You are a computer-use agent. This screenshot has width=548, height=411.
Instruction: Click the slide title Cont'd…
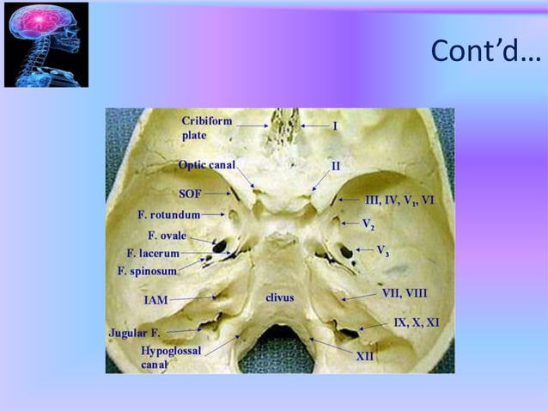(x=485, y=52)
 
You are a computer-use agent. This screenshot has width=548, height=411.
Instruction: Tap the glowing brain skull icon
(x=46, y=45)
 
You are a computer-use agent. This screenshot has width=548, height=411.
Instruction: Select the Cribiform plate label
(x=206, y=128)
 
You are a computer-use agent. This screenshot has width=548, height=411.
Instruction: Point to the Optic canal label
(x=206, y=164)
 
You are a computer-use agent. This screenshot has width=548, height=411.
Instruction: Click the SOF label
(x=190, y=193)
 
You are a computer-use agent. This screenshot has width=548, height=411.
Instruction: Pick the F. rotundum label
(x=168, y=213)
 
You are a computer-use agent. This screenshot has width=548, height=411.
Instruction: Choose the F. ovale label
(x=167, y=235)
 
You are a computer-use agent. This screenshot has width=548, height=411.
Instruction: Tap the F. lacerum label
(x=153, y=254)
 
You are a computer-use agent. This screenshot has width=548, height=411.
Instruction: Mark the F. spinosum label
(x=147, y=271)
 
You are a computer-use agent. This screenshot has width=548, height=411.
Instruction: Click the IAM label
(x=155, y=300)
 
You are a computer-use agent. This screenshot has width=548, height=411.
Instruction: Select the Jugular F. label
(x=134, y=331)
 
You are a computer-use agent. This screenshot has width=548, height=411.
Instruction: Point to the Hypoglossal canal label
(x=172, y=357)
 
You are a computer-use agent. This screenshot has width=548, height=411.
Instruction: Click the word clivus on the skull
(x=279, y=298)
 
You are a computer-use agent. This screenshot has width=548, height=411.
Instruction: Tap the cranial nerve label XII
(x=364, y=354)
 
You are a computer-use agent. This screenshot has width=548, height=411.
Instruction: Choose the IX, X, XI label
(x=417, y=322)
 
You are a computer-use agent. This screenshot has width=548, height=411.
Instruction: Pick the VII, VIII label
(x=404, y=293)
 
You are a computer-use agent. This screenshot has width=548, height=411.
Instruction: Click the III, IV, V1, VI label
(x=399, y=200)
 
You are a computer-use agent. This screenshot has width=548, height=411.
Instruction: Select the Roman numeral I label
(x=334, y=126)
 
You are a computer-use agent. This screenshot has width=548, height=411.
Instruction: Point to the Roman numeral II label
(x=336, y=164)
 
